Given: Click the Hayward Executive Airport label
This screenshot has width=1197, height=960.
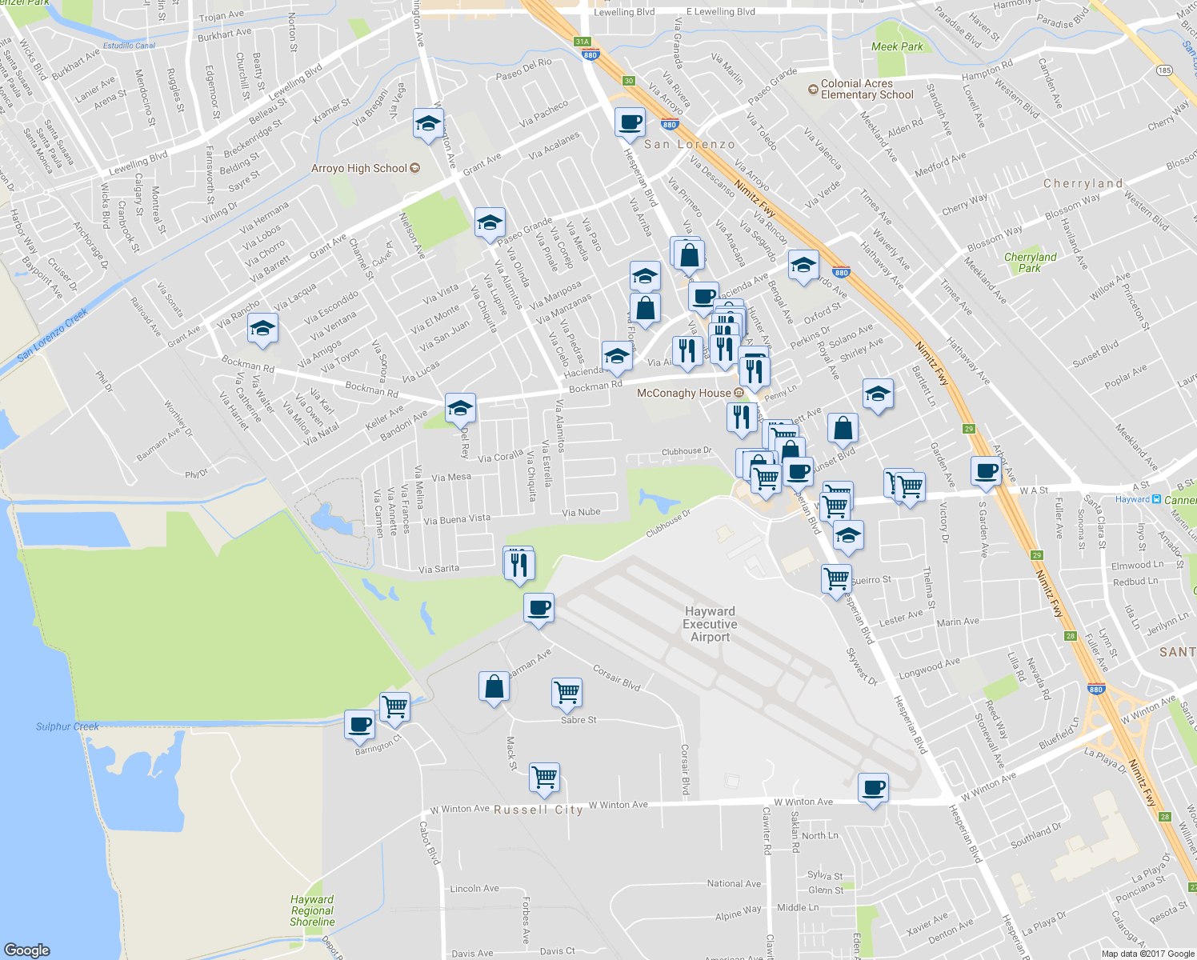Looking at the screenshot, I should pyautogui.click(x=710, y=624).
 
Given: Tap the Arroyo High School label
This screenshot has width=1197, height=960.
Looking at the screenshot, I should pyautogui.click(x=359, y=168).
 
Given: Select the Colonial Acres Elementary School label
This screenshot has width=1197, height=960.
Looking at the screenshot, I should pyautogui.click(x=867, y=89).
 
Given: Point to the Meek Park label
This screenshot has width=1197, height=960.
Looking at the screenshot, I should pyautogui.click(x=897, y=46).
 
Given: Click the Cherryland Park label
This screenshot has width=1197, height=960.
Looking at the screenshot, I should pyautogui.click(x=1030, y=262).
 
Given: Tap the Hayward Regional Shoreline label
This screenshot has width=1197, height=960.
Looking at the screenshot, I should pyautogui.click(x=312, y=910).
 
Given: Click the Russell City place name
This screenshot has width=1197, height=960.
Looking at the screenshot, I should pyautogui.click(x=538, y=810).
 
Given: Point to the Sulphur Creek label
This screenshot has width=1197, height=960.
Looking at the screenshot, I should pyautogui.click(x=67, y=726).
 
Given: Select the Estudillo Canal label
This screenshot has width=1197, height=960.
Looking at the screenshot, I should pyautogui.click(x=129, y=46).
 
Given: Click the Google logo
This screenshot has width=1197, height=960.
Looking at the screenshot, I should pyautogui.click(x=26, y=950).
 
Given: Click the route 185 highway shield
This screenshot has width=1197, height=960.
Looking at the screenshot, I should pyautogui.click(x=1163, y=70).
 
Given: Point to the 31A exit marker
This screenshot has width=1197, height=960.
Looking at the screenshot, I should pyautogui.click(x=582, y=42).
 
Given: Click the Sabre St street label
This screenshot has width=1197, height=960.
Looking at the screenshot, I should pyautogui.click(x=578, y=720).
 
